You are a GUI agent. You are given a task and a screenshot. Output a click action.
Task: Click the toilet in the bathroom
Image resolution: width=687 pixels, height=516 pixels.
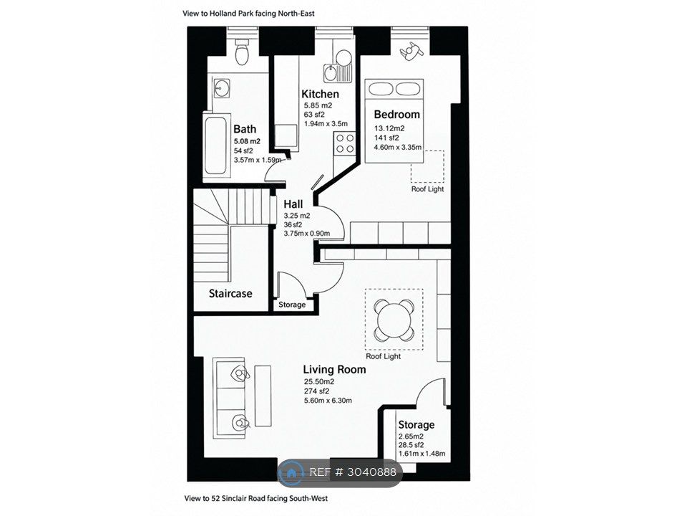(x=241, y=52)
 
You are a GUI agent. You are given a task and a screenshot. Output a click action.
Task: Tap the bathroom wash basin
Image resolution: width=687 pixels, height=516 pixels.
(x=222, y=88)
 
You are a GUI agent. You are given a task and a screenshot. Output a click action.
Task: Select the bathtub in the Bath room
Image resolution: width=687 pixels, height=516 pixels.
(x=216, y=145)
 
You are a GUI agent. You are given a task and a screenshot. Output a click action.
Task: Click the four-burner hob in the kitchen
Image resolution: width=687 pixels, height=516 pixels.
(x=345, y=143)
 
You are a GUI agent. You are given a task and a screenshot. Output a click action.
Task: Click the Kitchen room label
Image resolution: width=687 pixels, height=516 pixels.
(x=320, y=94)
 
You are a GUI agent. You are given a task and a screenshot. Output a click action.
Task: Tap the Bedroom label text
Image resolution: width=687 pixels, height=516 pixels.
(x=396, y=115)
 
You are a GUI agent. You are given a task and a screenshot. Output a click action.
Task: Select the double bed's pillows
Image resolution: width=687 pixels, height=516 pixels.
(x=394, y=88)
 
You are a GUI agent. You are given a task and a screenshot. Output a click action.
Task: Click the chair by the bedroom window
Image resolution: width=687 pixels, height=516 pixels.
(x=411, y=50)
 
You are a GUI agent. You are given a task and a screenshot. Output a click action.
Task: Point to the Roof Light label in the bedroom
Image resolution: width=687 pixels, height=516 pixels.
(x=427, y=189)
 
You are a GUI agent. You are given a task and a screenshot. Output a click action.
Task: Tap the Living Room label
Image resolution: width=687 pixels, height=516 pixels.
(x=334, y=370)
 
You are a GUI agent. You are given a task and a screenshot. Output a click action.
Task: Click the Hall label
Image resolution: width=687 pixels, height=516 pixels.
(x=293, y=204)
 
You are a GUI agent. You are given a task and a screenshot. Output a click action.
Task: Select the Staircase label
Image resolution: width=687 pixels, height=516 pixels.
(x=230, y=294)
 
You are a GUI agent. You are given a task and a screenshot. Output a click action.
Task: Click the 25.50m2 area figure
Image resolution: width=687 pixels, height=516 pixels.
(x=319, y=382)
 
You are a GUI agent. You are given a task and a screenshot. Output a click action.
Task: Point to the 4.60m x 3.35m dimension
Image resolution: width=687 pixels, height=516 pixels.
(x=397, y=148)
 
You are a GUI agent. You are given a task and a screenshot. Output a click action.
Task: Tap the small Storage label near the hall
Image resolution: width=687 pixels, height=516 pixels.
(x=292, y=305)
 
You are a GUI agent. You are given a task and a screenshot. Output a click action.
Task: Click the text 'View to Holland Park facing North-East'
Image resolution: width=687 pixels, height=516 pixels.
(x=248, y=14)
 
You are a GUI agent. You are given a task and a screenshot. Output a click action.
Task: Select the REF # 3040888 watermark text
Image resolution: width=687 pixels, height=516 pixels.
(x=353, y=472)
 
